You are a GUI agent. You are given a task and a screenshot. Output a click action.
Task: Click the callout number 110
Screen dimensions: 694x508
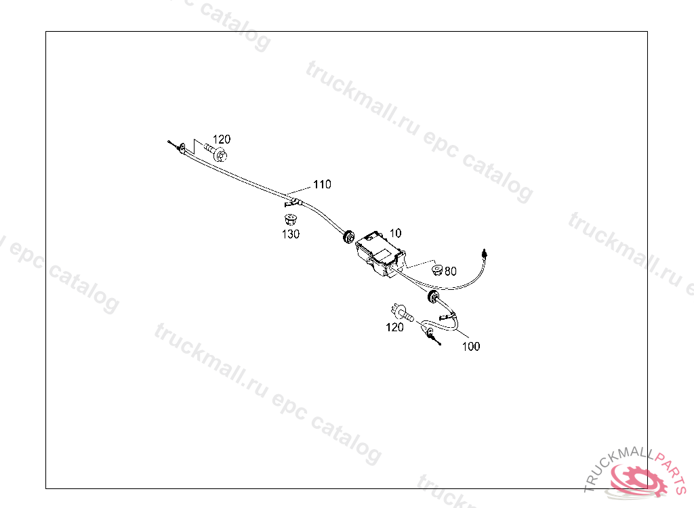322,184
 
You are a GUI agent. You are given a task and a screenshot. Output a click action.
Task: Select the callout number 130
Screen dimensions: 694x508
291,234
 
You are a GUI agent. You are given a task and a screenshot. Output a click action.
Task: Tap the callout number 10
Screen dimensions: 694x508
395,232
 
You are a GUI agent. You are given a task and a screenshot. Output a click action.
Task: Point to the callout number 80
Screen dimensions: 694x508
451,271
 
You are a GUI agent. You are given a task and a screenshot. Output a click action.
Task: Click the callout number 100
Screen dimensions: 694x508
471,346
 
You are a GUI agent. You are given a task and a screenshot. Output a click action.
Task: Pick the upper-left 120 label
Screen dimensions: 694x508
222,140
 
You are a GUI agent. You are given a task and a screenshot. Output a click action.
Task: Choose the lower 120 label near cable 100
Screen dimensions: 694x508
394,327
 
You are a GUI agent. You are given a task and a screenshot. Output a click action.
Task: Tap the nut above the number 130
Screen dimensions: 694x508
290,219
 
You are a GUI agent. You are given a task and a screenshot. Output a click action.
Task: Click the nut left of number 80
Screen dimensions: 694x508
437,270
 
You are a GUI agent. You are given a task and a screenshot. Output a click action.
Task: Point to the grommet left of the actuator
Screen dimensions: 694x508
348,236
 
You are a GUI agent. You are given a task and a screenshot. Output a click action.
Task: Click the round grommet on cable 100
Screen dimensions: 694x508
431,296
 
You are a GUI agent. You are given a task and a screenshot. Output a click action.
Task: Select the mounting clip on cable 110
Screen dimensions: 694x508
291,201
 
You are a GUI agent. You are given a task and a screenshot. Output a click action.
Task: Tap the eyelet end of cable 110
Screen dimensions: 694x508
180,148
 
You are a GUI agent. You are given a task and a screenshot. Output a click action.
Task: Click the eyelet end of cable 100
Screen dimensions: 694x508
430,332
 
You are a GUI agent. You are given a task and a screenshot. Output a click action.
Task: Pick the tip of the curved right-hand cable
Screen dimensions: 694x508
484,252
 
